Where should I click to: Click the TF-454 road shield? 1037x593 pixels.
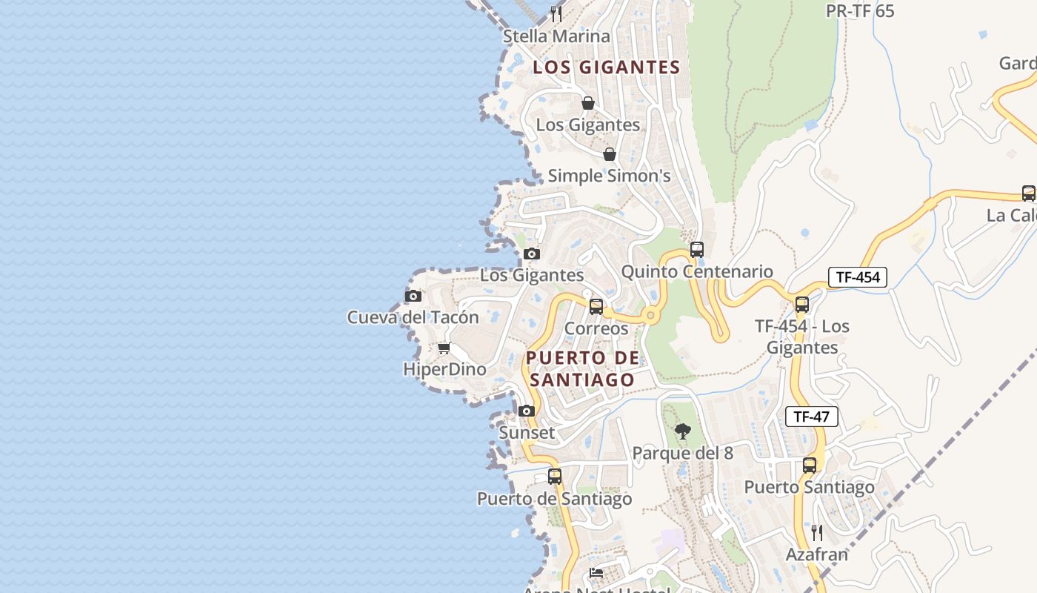pos(857,277)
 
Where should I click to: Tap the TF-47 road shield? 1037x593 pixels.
pos(811,417)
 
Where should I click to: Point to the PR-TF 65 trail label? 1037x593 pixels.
pos(860,11)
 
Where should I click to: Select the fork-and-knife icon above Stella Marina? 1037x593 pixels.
pos(557,14)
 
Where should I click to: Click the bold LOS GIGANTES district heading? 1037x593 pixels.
pos(607,67)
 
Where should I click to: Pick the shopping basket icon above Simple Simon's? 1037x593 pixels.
pos(609,154)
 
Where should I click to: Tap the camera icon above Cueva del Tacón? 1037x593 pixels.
pos(413,296)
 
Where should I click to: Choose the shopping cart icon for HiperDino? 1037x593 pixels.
pos(444,348)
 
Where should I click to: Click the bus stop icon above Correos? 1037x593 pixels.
pos(596,307)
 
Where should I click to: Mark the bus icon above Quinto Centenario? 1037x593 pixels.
pos(697,250)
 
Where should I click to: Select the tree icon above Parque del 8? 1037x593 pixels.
pos(683,431)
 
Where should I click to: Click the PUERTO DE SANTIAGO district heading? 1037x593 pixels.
pos(582,368)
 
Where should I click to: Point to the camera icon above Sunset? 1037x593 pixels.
pos(527,411)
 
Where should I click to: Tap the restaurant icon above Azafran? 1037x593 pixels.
pos(816,532)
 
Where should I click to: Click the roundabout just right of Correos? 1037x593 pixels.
pos(650,316)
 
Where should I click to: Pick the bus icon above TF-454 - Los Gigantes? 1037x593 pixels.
pos(801,305)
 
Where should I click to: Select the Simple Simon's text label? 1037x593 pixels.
pos(609,176)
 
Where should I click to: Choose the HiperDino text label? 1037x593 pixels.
pos(444,369)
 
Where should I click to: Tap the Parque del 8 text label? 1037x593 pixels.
pos(682,453)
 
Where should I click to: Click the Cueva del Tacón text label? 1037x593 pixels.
pos(413,317)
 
